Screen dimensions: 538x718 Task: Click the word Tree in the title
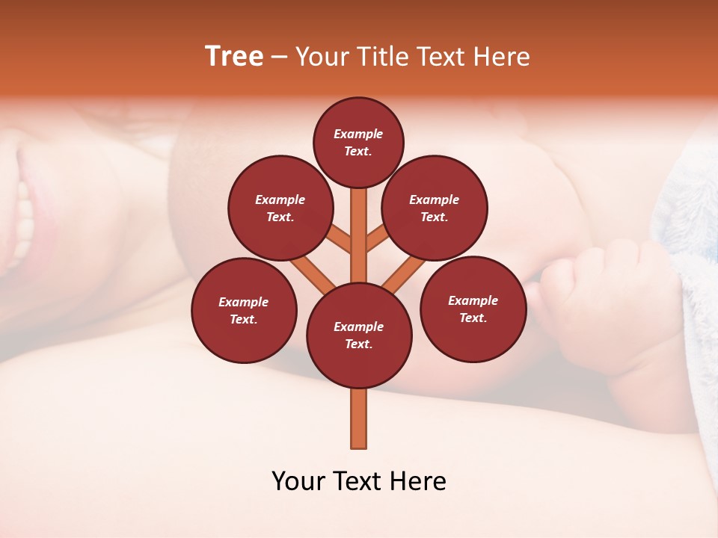pos(234,57)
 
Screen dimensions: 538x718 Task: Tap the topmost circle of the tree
pos(358,142)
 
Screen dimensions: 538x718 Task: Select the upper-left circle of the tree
pos(280,208)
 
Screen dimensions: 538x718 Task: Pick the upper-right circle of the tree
pos(435,208)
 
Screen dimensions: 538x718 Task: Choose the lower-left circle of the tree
pos(244,310)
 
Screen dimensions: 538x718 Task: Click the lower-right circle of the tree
pos(473,309)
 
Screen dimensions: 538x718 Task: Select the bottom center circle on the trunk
pos(359,336)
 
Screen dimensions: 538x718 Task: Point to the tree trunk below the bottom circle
pos(359,418)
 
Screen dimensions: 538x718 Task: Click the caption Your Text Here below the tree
pos(359,481)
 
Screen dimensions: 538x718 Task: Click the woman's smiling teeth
pos(23,217)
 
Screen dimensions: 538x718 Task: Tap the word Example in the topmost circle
pos(358,134)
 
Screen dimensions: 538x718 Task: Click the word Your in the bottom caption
pos(298,481)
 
